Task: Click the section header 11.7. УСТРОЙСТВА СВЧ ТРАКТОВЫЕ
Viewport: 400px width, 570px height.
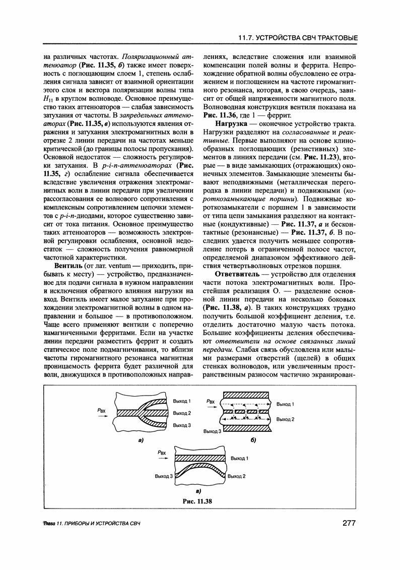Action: [298, 38]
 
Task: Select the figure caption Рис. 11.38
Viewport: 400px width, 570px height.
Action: [198, 501]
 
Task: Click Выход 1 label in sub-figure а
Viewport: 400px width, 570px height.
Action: [181, 401]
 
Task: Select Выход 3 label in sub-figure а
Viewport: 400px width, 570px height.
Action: [181, 425]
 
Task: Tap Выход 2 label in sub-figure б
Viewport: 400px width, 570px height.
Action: [286, 419]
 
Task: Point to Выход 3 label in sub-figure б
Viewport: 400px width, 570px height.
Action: [212, 431]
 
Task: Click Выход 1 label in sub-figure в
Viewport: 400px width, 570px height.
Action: [239, 459]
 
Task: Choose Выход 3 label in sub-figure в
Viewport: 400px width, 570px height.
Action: [164, 476]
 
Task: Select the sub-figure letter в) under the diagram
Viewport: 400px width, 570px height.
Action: [198, 490]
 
